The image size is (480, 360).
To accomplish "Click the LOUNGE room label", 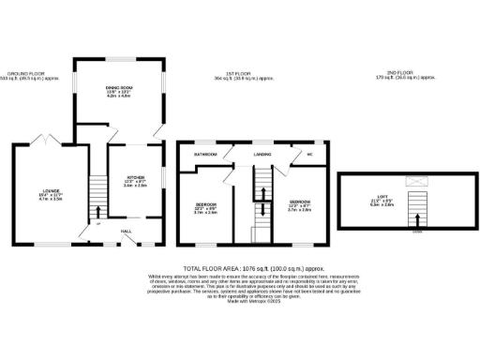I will click(x=50, y=191).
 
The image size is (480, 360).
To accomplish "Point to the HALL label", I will click(x=126, y=231).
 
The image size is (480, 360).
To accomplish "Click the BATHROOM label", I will click(x=205, y=153).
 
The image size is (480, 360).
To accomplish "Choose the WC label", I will click(x=307, y=153).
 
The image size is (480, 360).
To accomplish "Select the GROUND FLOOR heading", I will click(x=27, y=72).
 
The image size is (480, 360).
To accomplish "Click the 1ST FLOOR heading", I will click(x=242, y=72).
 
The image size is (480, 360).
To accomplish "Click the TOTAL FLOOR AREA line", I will click(x=240, y=269).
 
